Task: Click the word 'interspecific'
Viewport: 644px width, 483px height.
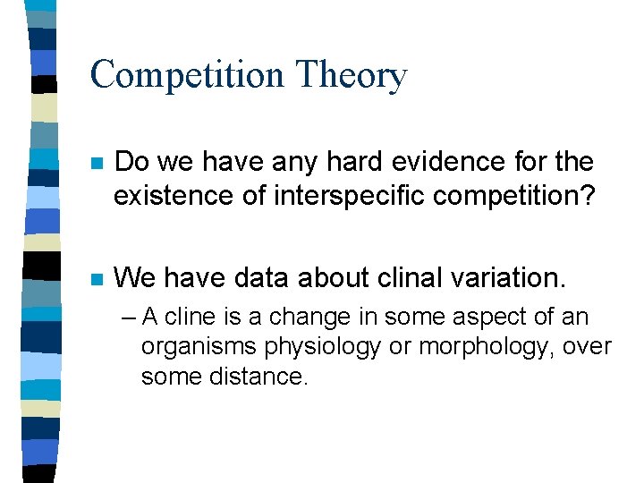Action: pos(319,194)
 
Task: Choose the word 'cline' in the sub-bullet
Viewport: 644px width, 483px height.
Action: pos(190,317)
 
